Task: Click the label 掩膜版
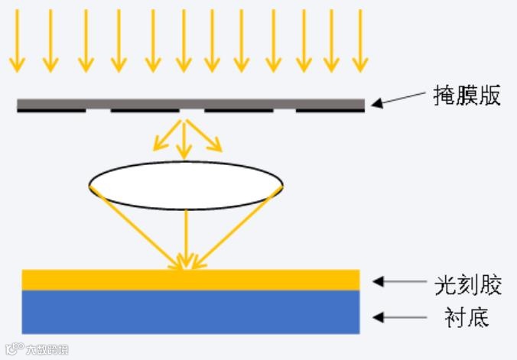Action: tap(466, 96)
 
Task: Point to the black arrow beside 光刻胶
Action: tap(399, 282)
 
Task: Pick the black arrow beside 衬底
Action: tap(399, 316)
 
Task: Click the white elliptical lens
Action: tap(186, 185)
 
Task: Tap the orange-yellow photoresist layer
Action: tap(190, 280)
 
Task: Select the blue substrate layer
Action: tap(190, 312)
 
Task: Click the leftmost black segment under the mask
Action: tap(51, 111)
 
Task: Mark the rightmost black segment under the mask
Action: tap(330, 111)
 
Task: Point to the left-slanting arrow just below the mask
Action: tap(164, 135)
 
